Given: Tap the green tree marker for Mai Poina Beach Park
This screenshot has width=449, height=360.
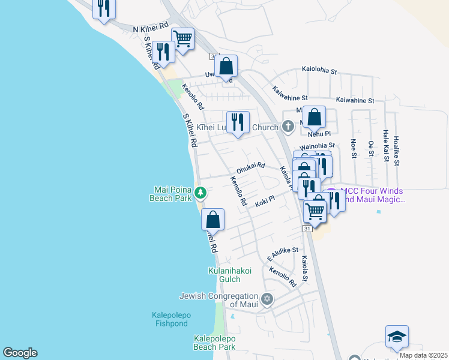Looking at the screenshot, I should click(201, 193).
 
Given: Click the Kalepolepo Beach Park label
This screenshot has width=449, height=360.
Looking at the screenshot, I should click(214, 343).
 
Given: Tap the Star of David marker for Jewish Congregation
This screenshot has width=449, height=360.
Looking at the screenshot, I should click(268, 298).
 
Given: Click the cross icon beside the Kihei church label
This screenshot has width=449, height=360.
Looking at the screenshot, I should click(288, 127).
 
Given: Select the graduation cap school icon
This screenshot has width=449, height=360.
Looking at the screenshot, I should click(397, 337).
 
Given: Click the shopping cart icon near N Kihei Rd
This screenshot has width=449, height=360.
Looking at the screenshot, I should click(182, 39).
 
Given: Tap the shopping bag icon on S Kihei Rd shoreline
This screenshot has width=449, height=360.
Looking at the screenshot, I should click(212, 220).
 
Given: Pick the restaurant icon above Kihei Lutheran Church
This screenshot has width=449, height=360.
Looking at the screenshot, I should click(238, 122).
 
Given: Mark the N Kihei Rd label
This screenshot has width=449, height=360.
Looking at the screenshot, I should click(150, 28).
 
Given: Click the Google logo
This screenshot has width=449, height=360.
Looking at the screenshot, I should click(20, 353).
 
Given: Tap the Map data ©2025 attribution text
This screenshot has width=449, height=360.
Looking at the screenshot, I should click(423, 355).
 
